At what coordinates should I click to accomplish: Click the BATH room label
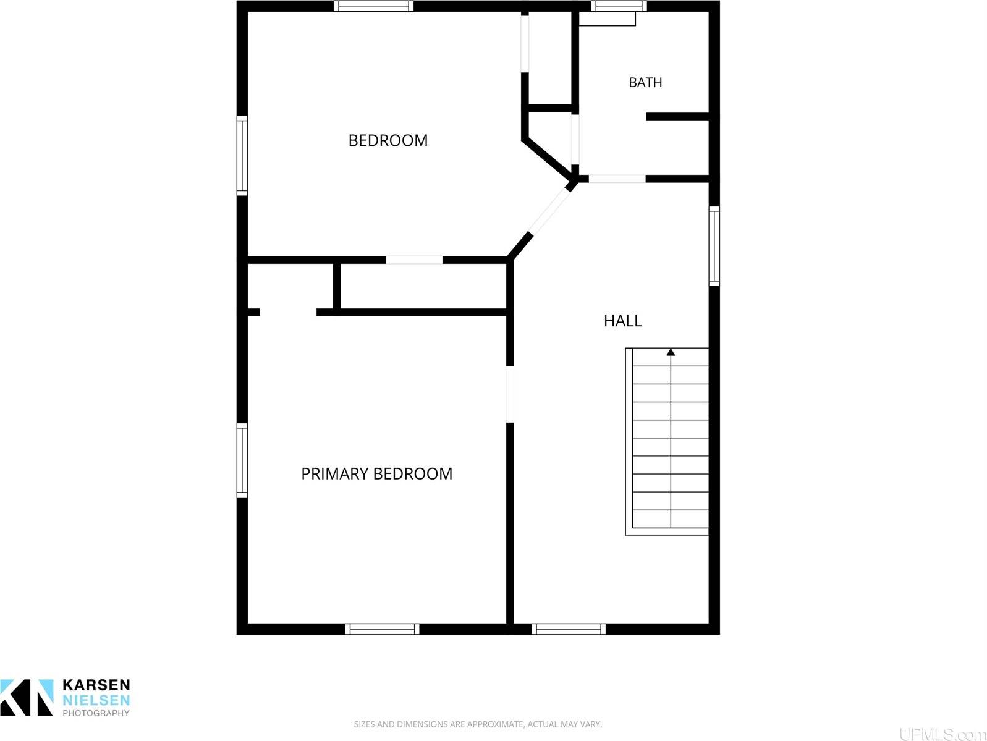(645, 82)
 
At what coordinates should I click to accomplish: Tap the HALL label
(623, 321)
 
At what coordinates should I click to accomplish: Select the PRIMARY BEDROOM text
(377, 473)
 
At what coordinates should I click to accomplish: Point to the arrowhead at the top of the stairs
(671, 352)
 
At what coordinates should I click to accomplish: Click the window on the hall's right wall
(714, 246)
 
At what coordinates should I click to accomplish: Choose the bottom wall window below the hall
(569, 629)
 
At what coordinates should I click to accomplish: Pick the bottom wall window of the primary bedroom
(382, 629)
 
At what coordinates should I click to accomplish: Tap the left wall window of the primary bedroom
(242, 460)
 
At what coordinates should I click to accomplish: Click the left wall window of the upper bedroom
(242, 156)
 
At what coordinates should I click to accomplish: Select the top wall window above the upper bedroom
(373, 6)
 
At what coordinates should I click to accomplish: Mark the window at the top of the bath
(618, 6)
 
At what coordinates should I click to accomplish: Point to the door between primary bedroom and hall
(510, 394)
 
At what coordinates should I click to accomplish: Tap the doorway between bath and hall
(617, 179)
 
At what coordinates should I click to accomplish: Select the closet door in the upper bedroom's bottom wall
(414, 260)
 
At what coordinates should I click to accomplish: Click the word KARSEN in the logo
(96, 685)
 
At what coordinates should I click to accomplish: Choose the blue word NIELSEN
(96, 700)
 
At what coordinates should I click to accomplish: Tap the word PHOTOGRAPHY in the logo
(96, 713)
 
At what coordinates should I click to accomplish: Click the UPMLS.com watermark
(942, 734)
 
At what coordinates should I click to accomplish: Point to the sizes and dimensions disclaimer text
(478, 724)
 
